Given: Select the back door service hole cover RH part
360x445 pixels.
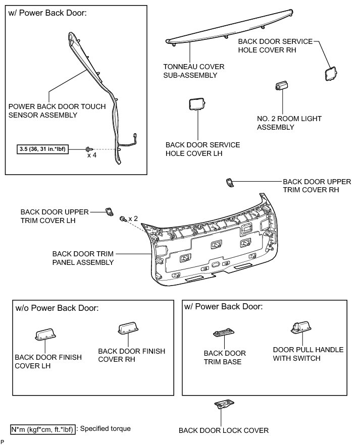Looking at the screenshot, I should [x=331, y=74].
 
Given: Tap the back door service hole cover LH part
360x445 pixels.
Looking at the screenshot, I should [x=196, y=104].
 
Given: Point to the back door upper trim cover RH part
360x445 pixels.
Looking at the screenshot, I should [x=229, y=182].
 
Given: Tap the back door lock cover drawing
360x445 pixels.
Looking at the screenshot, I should [x=222, y=403].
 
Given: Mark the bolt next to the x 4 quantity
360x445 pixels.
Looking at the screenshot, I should [x=89, y=149].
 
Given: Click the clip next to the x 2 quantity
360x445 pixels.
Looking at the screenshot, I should [x=122, y=219].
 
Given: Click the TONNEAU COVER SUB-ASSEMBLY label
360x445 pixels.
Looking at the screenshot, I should [x=193, y=71].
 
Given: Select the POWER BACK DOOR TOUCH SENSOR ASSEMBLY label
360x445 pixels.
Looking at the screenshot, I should [x=57, y=110].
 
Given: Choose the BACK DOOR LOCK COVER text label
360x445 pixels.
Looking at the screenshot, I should [x=223, y=430].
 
